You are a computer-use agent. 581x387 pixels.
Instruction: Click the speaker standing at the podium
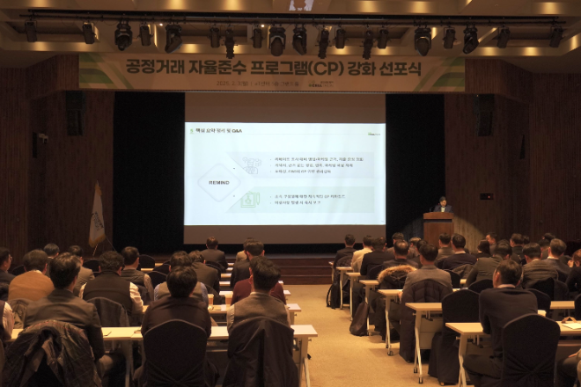pyautogui.click(x=442, y=204)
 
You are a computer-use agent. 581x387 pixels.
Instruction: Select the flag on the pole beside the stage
pyautogui.click(x=96, y=217)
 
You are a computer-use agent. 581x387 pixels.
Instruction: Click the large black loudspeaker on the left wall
pyautogui.click(x=76, y=113)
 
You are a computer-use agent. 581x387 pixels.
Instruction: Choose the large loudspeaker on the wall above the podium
pyautogui.click(x=484, y=115)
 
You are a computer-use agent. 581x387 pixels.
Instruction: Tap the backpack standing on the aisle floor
pyautogui.click(x=359, y=318)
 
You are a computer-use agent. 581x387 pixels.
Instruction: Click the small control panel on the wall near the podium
pyautogui.click(x=486, y=195)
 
